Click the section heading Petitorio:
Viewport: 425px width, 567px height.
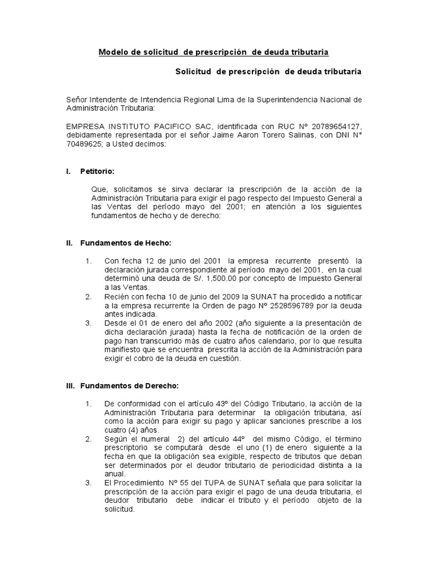tap(97, 172)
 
